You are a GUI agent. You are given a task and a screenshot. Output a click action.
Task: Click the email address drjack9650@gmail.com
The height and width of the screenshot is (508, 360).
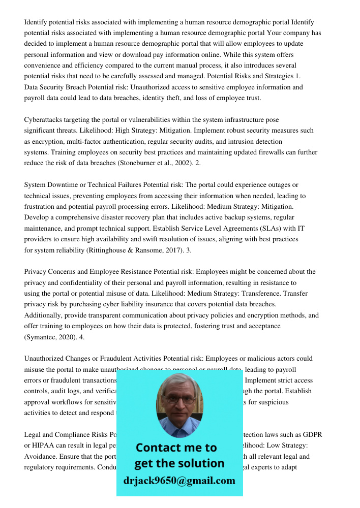[x=179, y=481]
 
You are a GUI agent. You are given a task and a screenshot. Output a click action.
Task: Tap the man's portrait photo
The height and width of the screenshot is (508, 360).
[x=179, y=405]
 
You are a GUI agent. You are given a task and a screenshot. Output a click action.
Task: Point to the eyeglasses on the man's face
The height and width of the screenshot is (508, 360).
[x=179, y=399]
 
